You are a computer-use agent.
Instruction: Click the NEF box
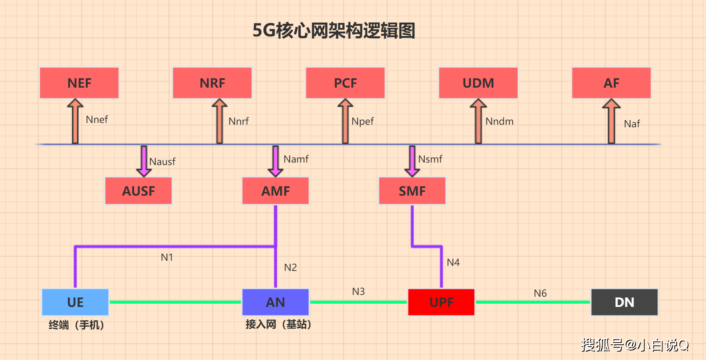coord(79,83)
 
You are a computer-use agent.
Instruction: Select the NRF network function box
coord(212,83)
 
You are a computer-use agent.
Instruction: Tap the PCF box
coord(345,83)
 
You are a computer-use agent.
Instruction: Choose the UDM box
coord(478,83)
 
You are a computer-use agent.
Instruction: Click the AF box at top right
coord(611,83)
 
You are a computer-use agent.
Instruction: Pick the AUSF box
coord(139,191)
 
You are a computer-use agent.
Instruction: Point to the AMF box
coord(276,191)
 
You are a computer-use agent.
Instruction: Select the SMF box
coord(412,191)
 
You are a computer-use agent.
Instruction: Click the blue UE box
coord(75,302)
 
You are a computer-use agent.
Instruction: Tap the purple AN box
coord(276,302)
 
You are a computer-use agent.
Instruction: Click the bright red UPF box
coord(441,302)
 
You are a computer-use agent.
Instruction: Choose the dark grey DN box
coord(625,302)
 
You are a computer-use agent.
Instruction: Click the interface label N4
coord(453,263)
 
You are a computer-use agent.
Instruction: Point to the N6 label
coord(540,293)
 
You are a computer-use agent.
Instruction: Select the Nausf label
coord(162,162)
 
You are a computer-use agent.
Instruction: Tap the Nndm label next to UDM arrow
coord(500,121)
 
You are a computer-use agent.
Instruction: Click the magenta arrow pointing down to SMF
coord(412,161)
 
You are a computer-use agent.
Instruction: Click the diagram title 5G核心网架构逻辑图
coord(334,31)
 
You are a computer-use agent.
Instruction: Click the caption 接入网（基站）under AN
coord(278,324)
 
